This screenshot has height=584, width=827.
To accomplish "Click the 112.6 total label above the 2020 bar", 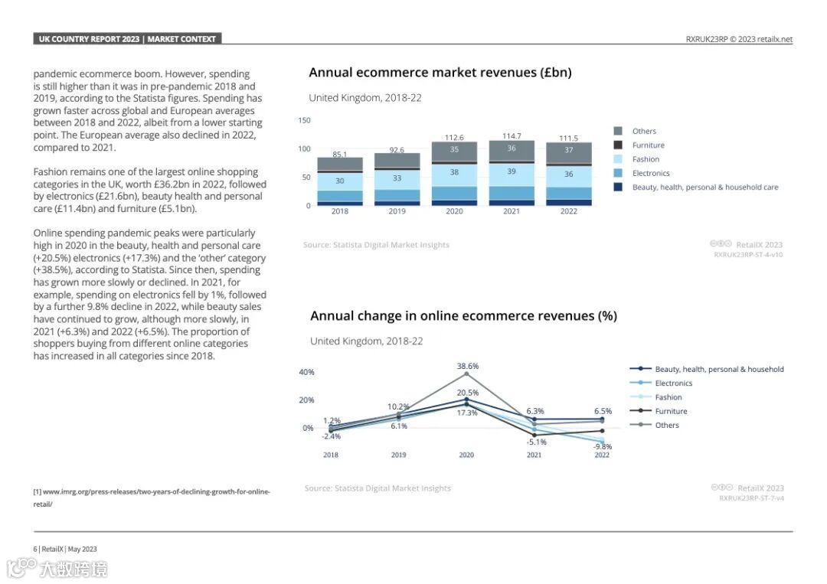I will (454, 138).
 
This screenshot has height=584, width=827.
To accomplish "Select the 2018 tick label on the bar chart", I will (339, 211).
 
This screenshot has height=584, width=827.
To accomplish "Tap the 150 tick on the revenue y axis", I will (304, 120).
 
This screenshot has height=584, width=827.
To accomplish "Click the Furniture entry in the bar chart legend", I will (648, 145).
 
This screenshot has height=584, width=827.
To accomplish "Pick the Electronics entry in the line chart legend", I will (673, 383).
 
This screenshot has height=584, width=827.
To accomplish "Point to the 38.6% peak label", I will (468, 366).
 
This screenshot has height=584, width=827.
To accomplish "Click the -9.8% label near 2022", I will (603, 446).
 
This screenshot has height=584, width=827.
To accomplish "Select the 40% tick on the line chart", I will (306, 372).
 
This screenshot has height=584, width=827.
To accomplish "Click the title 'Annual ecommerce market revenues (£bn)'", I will (440, 73).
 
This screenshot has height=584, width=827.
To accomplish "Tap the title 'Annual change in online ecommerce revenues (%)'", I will (463, 315).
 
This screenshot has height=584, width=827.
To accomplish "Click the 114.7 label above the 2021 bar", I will (512, 136).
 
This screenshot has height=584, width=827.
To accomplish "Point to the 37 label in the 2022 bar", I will (568, 151).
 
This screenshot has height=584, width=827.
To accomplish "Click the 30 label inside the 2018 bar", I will (339, 181).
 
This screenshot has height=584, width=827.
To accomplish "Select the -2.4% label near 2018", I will (331, 436).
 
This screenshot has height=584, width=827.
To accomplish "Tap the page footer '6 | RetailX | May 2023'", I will (65, 549).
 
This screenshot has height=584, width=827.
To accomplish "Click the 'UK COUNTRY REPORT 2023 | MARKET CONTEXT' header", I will (128, 39).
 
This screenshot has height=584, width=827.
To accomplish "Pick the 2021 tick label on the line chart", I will (534, 455).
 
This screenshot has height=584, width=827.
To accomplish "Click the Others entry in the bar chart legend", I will (644, 132).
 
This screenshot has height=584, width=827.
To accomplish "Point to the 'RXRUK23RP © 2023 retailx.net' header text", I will (739, 40).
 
